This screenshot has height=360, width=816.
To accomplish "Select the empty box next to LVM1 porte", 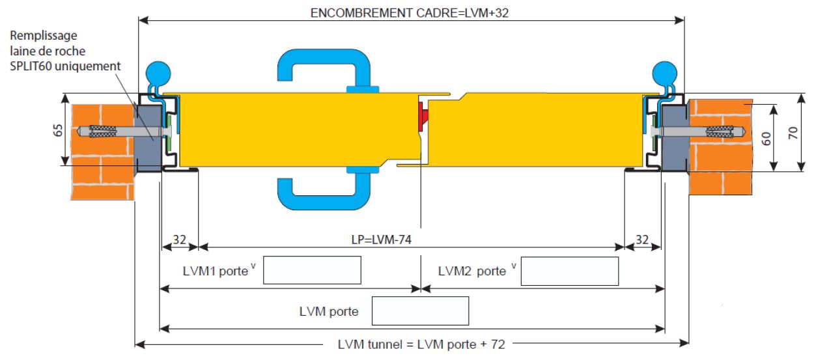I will coord(312,271).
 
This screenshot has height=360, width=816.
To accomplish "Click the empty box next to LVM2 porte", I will coord(570,271).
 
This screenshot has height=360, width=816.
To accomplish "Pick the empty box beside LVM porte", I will coord(420,311).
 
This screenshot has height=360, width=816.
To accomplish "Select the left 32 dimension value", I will coord(179,239).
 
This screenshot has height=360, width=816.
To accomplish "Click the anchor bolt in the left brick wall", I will coord(107,132).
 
